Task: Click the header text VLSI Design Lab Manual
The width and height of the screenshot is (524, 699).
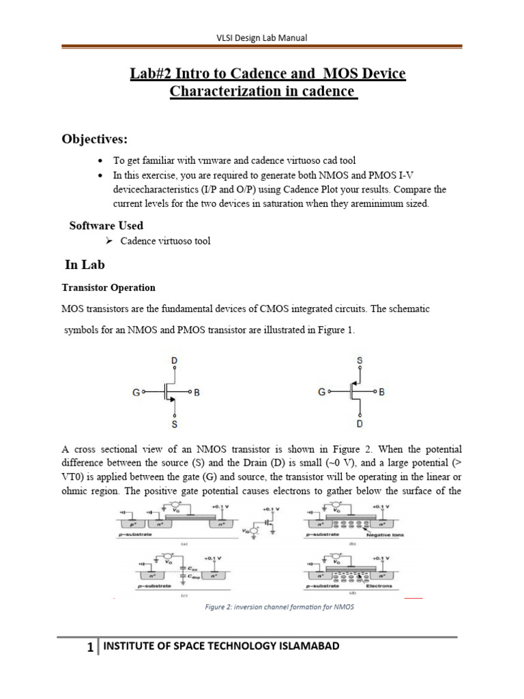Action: click(261, 38)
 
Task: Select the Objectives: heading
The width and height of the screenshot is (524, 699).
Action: click(95, 139)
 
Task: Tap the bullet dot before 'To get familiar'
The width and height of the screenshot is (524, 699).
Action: click(101, 160)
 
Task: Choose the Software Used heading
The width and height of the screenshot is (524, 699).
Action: click(106, 225)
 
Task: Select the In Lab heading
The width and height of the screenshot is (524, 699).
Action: click(84, 265)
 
